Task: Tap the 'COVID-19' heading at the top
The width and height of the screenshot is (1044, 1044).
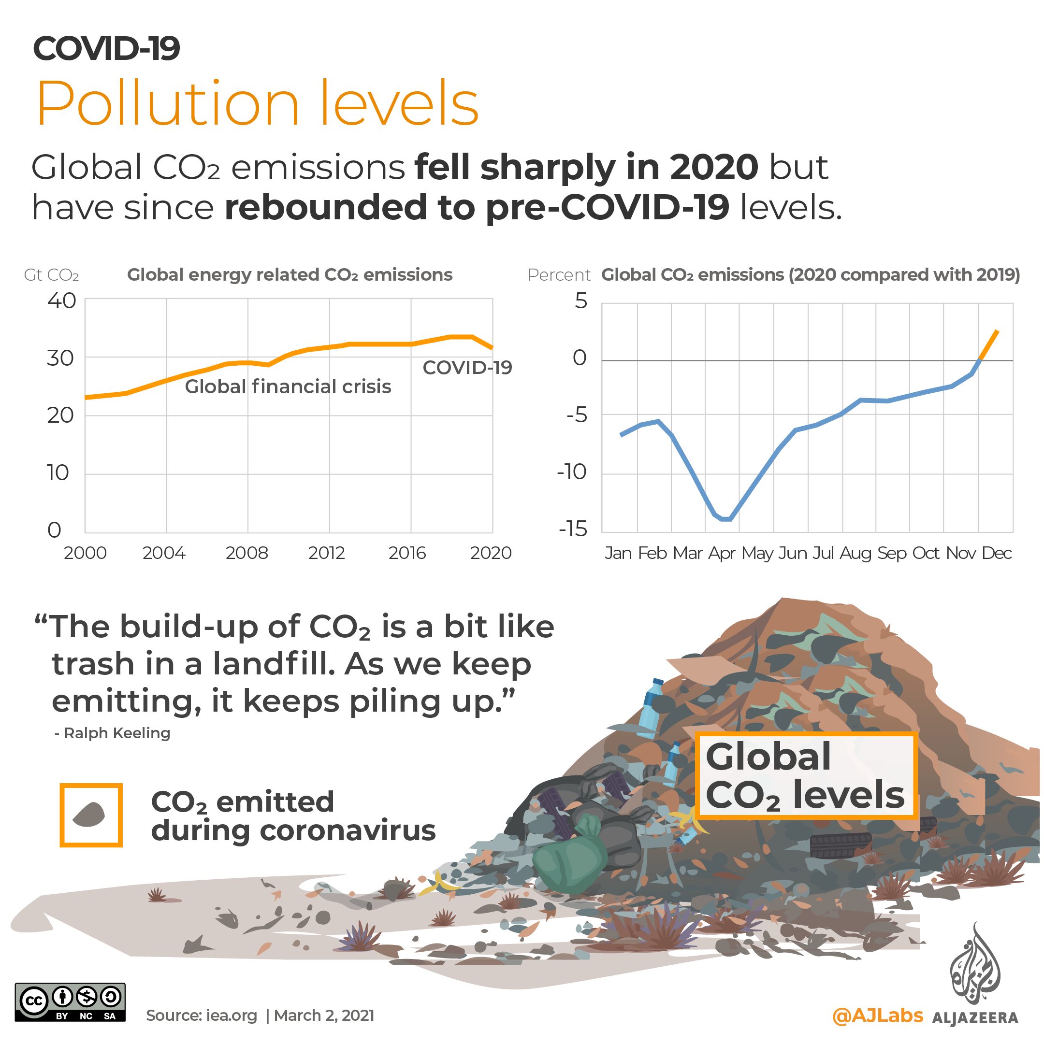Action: pyautogui.click(x=106, y=49)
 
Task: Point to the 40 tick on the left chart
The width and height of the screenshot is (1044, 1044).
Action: pyautogui.click(x=62, y=301)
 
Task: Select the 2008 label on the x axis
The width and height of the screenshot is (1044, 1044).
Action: pyautogui.click(x=246, y=553)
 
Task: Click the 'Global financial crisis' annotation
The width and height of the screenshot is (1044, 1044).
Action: pyautogui.click(x=288, y=386)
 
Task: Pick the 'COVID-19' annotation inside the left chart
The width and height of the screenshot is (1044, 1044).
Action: pyautogui.click(x=467, y=368)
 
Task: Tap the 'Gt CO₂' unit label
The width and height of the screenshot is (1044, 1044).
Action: pyautogui.click(x=51, y=275)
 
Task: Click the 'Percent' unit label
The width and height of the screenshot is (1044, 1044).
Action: pyautogui.click(x=559, y=275)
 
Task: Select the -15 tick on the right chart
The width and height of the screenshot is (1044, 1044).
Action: pyautogui.click(x=573, y=529)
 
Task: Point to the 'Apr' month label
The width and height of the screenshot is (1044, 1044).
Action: pyautogui.click(x=722, y=553)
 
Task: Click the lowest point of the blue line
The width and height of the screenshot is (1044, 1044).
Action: pyautogui.click(x=726, y=519)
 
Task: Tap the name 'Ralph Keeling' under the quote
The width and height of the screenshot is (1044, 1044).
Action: pyautogui.click(x=117, y=733)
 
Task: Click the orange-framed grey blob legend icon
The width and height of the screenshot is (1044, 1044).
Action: pyautogui.click(x=91, y=815)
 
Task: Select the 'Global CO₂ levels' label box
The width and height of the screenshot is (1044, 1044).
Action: pyautogui.click(x=805, y=775)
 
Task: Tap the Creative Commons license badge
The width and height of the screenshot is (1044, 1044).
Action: pyautogui.click(x=70, y=1002)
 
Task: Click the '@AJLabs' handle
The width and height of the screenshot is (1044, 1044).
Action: pyautogui.click(x=877, y=1015)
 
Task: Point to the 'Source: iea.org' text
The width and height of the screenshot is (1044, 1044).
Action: pyautogui.click(x=202, y=1015)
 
